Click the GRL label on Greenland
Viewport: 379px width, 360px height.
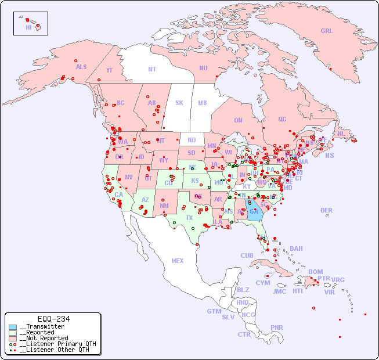tap(327, 31)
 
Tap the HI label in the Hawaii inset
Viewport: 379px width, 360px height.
tap(28, 27)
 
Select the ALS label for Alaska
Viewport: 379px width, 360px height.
tap(81, 67)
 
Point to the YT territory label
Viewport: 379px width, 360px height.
tap(109, 70)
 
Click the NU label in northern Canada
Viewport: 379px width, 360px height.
tap(203, 68)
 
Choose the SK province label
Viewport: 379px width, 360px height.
tap(179, 103)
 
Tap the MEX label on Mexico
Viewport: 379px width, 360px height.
tap(178, 261)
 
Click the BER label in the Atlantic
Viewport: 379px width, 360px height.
tap(326, 210)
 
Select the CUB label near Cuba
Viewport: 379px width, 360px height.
tap(247, 255)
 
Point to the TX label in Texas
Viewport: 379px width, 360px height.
tap(189, 218)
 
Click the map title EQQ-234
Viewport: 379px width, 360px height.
tap(53, 319)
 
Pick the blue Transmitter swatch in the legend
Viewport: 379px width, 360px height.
tap(13, 327)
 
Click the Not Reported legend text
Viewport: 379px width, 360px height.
tap(44, 338)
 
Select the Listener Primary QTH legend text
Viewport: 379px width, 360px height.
tap(57, 344)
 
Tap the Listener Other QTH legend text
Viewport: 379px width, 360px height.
tap(55, 350)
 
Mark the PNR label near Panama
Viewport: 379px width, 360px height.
tap(277, 327)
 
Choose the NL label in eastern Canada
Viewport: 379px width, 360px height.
tap(341, 134)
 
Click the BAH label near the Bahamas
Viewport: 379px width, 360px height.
tap(296, 249)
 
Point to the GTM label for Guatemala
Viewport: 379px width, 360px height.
tap(214, 311)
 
